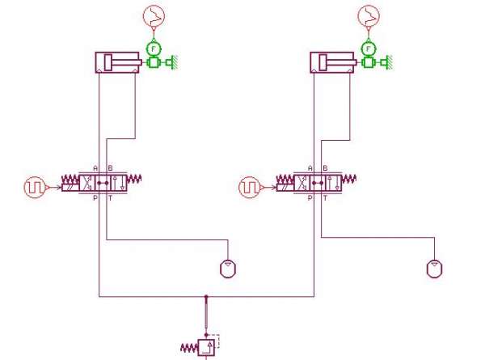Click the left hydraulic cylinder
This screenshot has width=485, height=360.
click(x=117, y=62)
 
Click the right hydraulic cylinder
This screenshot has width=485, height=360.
click(x=331, y=62)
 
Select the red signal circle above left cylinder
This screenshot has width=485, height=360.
click(x=153, y=15)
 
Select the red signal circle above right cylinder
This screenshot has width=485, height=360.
click(x=369, y=15)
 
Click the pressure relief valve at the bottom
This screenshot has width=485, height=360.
click(x=208, y=348)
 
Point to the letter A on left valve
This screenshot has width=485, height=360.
click(x=97, y=168)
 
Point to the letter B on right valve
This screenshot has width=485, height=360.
click(x=324, y=168)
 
